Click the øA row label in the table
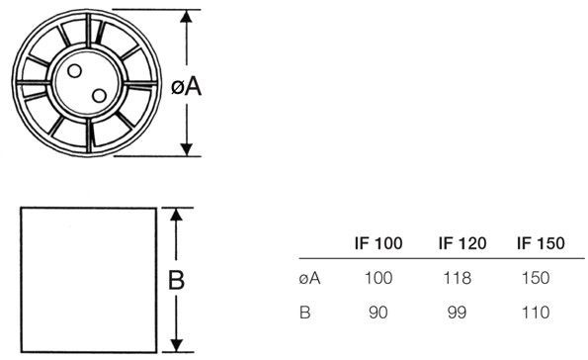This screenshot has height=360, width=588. [306, 278]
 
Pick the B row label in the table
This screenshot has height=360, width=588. [305, 314]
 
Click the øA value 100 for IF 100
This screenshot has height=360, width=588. [378, 279]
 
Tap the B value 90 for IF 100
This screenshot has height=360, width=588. [378, 314]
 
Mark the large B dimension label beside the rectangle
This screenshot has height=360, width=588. [175, 281]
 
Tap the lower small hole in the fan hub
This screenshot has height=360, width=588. [98, 93]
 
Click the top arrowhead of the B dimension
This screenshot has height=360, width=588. [175, 213]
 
